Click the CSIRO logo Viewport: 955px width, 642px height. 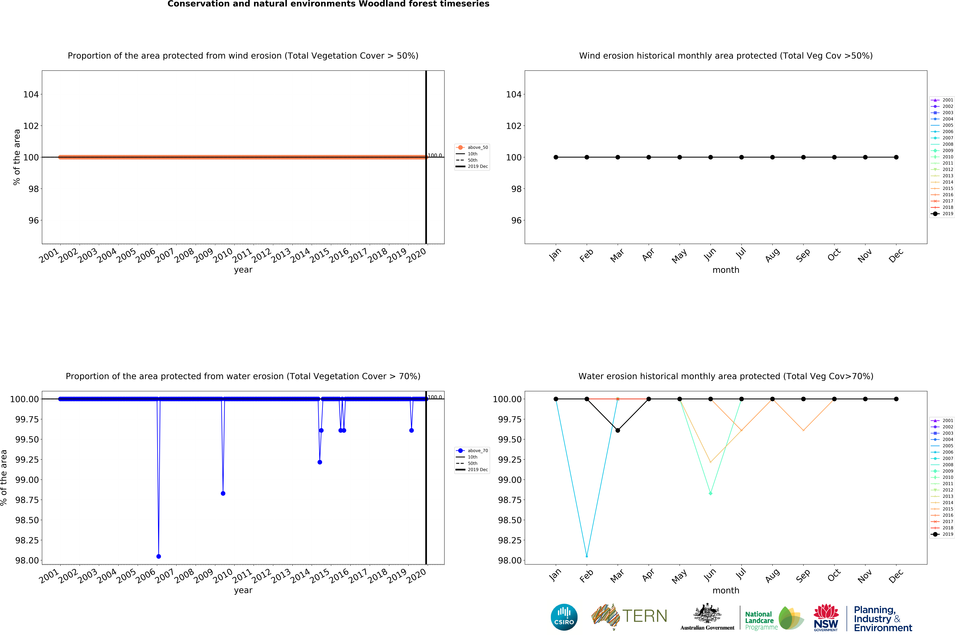(564, 617)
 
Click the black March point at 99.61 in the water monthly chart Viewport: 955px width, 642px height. (618, 430)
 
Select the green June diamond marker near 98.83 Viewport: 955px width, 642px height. (711, 493)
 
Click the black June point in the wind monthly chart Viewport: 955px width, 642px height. (711, 157)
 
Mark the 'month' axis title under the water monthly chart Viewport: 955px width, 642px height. (726, 590)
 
